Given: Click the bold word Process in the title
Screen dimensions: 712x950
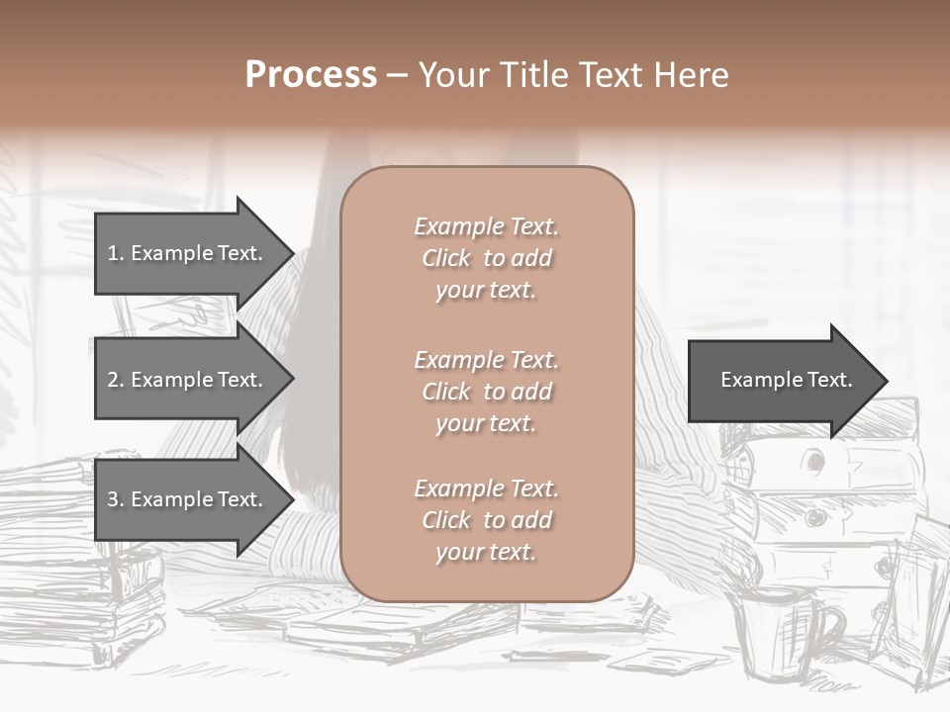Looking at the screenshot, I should click(311, 75).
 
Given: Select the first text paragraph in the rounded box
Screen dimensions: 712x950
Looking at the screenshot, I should click(486, 258).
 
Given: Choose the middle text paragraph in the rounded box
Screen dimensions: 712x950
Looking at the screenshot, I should click(486, 392).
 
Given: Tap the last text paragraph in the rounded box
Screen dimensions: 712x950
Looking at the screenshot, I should click(486, 520).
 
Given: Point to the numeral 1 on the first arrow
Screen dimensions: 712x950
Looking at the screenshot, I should click(113, 253).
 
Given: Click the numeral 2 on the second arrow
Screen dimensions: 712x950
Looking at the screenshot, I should click(113, 380).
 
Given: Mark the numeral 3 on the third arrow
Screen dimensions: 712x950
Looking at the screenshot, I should click(113, 499).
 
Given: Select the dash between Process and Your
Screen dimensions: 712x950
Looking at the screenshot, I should click(397, 75).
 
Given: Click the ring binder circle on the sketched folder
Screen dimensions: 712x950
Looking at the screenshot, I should click(814, 461).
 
